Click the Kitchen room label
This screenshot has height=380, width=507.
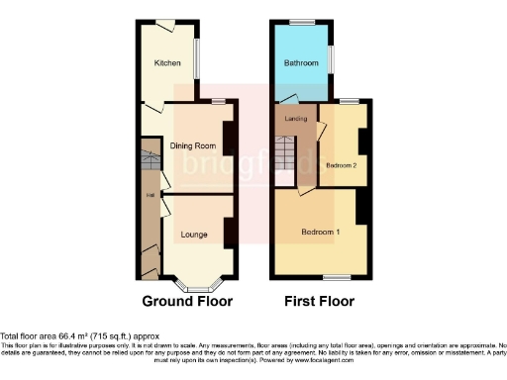click(166, 64)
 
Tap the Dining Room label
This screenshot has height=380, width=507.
click(193, 145)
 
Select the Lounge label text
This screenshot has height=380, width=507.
click(193, 235)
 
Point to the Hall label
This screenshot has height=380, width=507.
click(150, 195)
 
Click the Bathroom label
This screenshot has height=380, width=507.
click(301, 63)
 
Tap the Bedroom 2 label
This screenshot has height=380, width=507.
click(341, 165)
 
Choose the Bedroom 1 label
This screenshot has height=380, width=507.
click(321, 233)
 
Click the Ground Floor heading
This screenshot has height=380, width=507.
click(187, 301)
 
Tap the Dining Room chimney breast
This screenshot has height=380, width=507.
click(228, 138)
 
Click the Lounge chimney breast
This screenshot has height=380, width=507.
click(228, 232)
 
